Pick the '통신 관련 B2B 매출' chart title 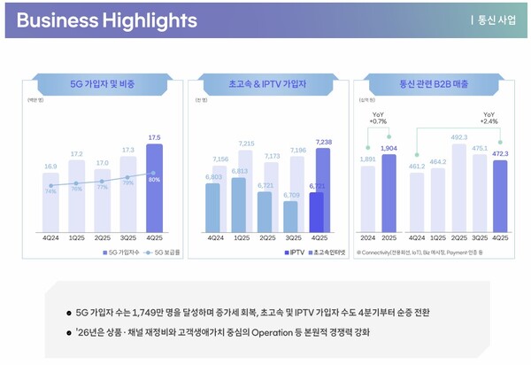(431, 83)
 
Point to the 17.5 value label (155, 137)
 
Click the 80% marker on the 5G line (155, 173)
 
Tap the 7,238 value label (322, 142)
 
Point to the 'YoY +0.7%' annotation (379, 118)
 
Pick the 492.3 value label (458, 137)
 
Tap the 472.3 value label (500, 153)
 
